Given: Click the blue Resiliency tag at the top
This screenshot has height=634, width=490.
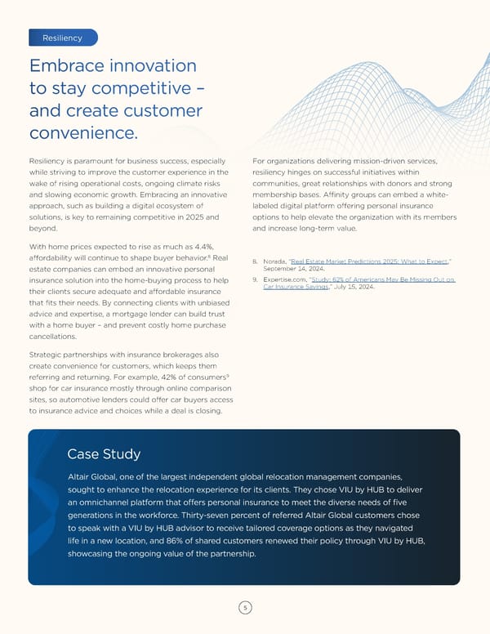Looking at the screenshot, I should coord(62,38).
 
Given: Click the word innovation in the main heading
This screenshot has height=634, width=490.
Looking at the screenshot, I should coord(142,65).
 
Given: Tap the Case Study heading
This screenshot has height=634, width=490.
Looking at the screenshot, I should coord(104,454).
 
